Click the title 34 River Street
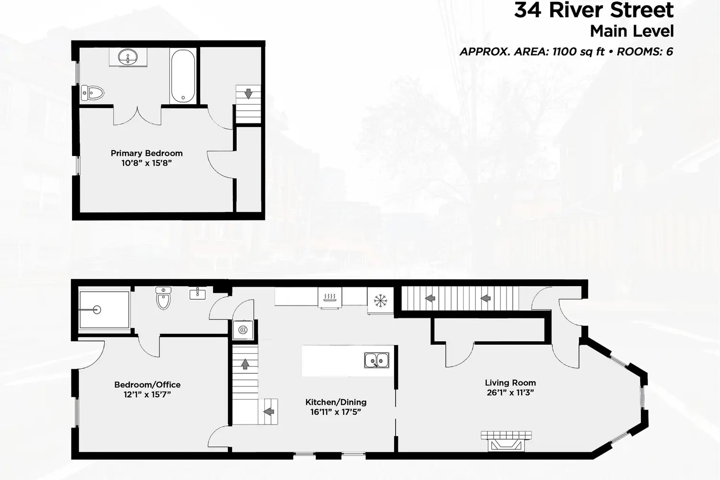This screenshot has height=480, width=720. click(594, 10)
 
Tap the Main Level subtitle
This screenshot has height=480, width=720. click(632, 31)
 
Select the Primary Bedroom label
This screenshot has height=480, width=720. click(146, 153)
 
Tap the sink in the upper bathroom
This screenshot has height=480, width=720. click(128, 57)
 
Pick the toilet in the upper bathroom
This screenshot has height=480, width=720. click(93, 93)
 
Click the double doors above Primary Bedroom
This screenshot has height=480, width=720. click(137, 116)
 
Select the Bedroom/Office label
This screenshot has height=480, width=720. click(147, 384)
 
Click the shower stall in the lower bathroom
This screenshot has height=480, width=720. click(104, 310)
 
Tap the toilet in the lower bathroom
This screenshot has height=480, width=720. click(164, 298)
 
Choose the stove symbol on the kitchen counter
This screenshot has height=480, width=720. click(330, 298)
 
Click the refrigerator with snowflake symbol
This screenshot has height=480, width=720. click(380, 301)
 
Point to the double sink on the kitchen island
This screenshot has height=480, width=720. click(376, 360)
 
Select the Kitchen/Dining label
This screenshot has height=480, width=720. click(336, 402)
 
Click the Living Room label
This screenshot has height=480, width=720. click(510, 383)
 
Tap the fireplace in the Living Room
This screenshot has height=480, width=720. click(506, 441)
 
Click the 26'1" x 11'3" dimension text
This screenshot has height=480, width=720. click(510, 393)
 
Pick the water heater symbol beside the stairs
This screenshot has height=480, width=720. click(243, 330)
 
